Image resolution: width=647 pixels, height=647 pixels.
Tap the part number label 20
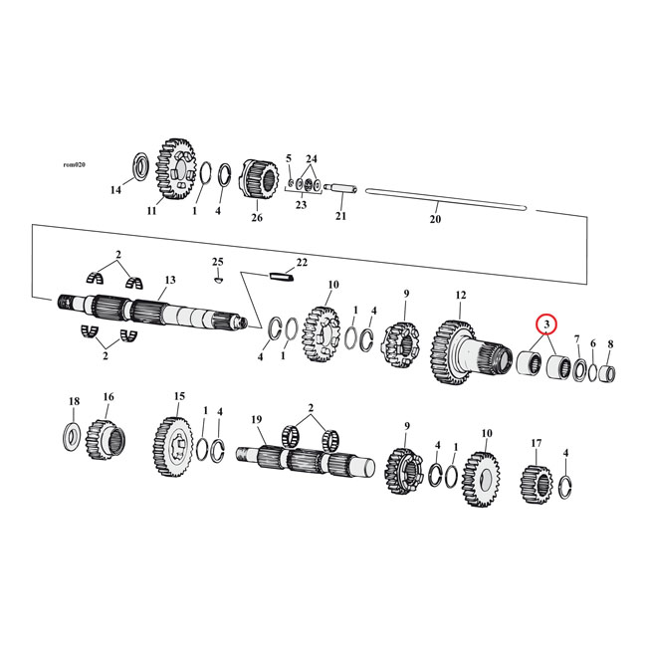(x=434, y=221)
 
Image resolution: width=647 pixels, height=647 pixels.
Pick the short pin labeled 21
(x=339, y=186)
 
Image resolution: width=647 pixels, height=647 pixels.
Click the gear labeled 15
(x=173, y=439)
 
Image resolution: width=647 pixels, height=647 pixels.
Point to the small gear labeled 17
(x=536, y=482)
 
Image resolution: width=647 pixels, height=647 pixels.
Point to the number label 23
(x=301, y=206)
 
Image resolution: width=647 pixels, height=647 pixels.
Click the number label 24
(x=312, y=159)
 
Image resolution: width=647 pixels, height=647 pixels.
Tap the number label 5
(x=289, y=158)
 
